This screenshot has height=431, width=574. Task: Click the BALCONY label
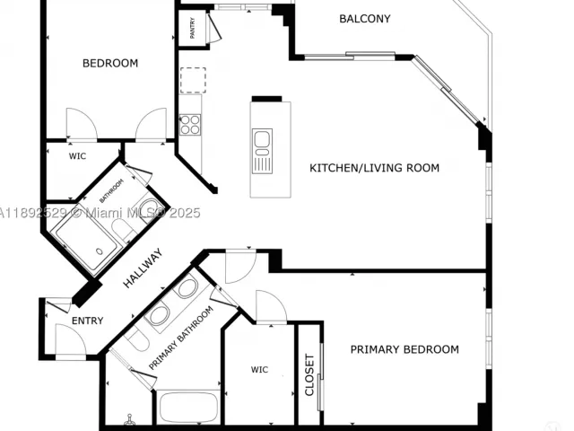coord(365,19)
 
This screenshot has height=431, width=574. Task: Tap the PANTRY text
coord(192,28)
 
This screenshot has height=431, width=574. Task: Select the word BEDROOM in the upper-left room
coord(110,64)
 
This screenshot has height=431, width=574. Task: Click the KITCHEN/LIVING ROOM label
coord(374,168)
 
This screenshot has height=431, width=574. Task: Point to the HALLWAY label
coord(143,268)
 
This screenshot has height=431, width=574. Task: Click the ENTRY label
coord(88,321)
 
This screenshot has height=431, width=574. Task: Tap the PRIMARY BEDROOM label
coord(404,349)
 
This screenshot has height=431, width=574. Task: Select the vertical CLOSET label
coord(309,374)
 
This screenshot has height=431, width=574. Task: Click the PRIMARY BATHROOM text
coord(181,338)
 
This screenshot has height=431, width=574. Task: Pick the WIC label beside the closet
coord(259,369)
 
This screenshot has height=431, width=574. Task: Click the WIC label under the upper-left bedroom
coord(78,156)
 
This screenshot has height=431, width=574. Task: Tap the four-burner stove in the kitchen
coord(190,125)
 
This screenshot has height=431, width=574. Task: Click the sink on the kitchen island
coord(262,151)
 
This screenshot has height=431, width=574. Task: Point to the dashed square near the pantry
coord(193,80)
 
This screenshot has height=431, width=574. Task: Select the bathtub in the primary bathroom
coord(189,408)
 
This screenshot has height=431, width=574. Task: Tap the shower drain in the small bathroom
coord(100,251)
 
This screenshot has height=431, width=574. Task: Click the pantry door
coord(214,27)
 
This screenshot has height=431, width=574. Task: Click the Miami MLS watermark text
coord(100,213)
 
